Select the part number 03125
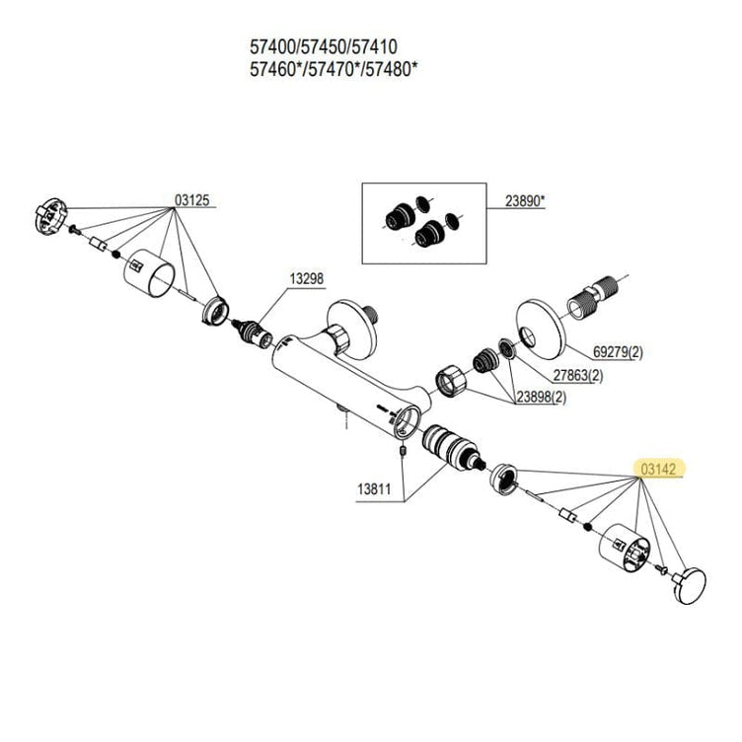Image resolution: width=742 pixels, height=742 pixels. pyautogui.click(x=191, y=200)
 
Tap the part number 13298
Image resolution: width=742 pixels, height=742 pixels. pyautogui.click(x=307, y=278)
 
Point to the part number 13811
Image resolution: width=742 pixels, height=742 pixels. pyautogui.click(x=374, y=488)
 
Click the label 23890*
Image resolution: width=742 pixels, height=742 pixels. pyautogui.click(x=525, y=201)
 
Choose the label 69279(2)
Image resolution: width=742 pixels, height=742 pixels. pyautogui.click(x=618, y=352)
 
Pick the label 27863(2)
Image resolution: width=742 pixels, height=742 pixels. pyautogui.click(x=578, y=375)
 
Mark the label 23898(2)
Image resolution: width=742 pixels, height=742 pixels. pyautogui.click(x=541, y=397)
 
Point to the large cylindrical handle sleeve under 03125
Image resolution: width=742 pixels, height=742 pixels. pyautogui.click(x=149, y=273)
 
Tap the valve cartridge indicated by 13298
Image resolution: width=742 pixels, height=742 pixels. pyautogui.click(x=255, y=334)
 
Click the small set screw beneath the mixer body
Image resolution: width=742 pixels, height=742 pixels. pyautogui.click(x=404, y=451)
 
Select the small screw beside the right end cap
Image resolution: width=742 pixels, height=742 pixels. pyautogui.click(x=662, y=568)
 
